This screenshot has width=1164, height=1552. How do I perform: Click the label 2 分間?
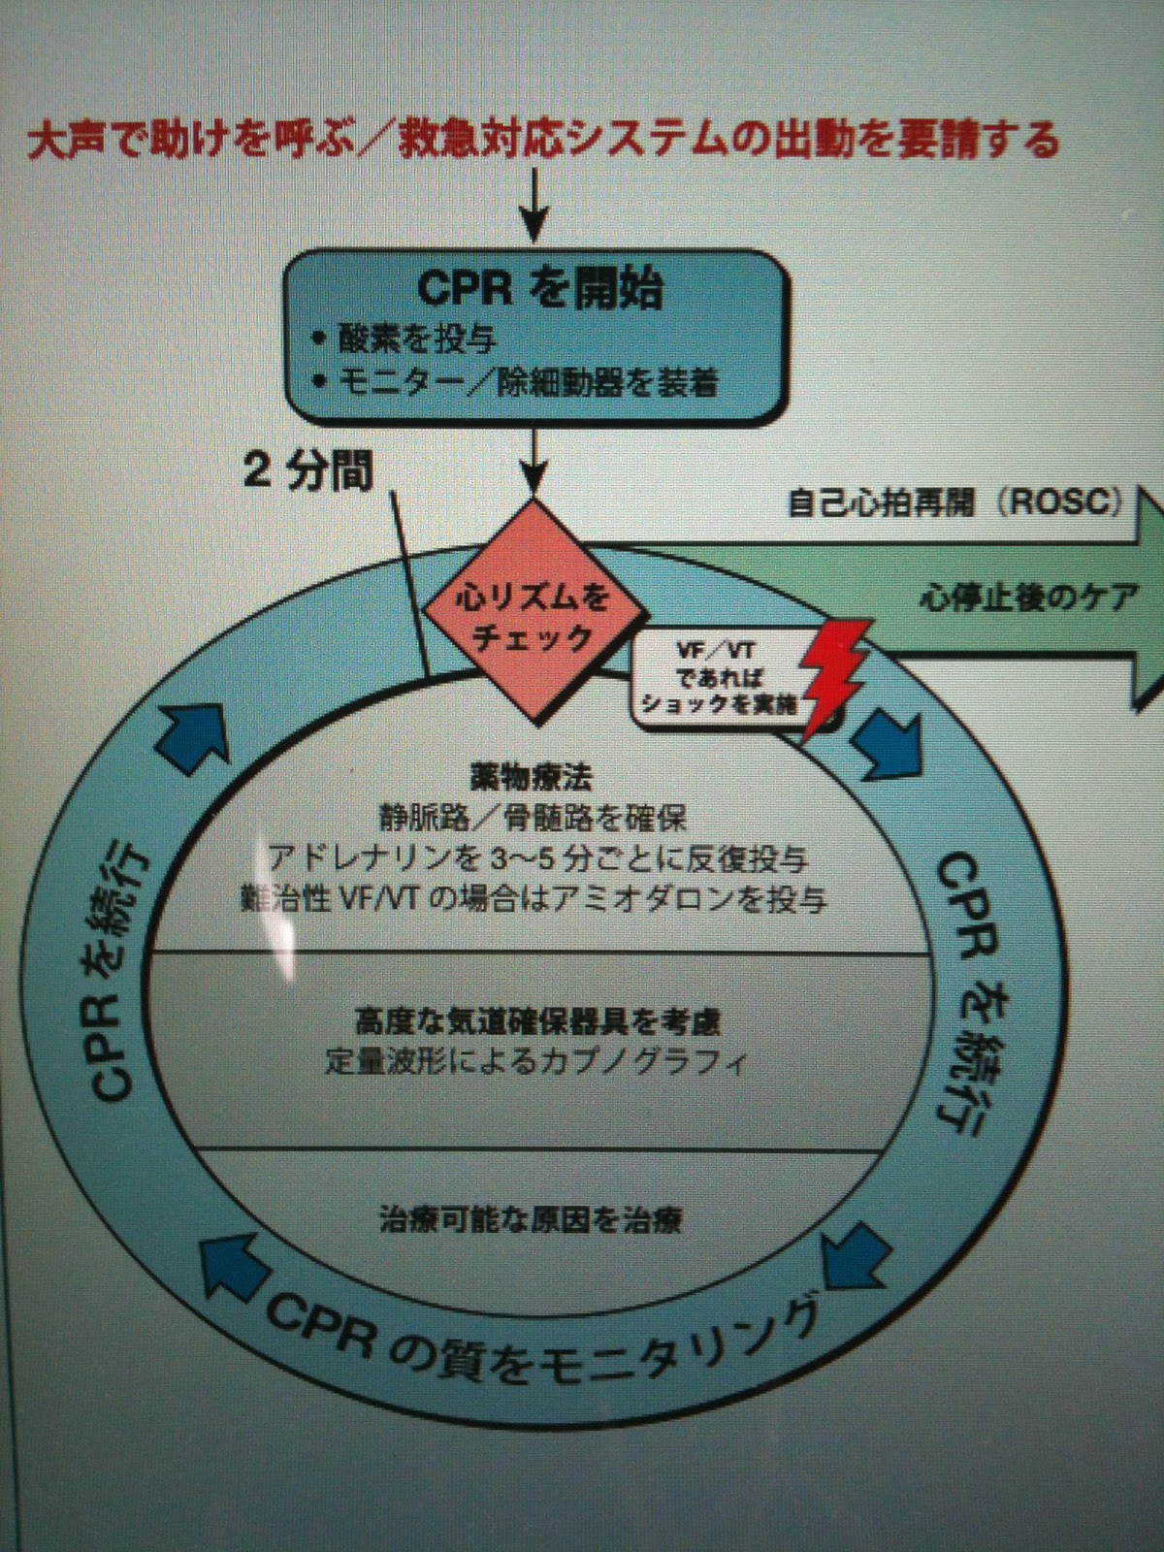click(307, 474)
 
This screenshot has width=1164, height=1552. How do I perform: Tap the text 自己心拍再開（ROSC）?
click(955, 503)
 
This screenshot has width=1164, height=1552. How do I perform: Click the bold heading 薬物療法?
click(532, 779)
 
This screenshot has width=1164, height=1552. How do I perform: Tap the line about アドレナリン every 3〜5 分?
click(539, 858)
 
